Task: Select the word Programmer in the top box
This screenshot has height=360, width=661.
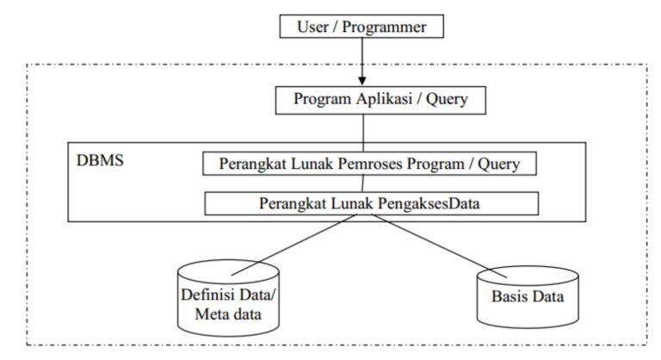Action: [x=393, y=27]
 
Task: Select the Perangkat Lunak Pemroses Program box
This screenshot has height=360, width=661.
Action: [x=371, y=162]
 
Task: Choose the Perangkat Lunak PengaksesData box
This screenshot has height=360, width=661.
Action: [x=371, y=203]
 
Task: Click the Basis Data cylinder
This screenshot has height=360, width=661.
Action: [x=526, y=297]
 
